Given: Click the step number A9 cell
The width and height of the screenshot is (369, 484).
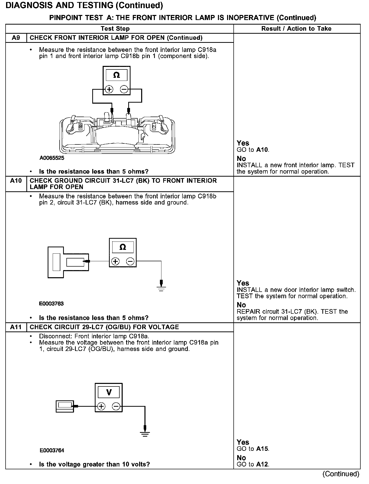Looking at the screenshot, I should coord(16,38).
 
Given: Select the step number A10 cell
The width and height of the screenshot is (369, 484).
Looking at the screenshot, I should coord(16,181).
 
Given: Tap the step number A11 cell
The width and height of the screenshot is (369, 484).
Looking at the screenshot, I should coord(16,327).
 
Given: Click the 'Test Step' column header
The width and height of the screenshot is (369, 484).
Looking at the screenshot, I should coord(115,29).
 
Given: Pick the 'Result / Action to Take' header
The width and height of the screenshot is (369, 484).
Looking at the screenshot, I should coord(296,29).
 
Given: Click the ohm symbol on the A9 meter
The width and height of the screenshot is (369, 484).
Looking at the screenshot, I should coord(116,75).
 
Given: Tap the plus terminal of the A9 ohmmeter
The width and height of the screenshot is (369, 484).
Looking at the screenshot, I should coord(109,89).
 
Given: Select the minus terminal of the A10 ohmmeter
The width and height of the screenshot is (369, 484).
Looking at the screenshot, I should coord(130,261).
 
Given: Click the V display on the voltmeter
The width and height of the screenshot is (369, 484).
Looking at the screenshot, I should coord(109,393).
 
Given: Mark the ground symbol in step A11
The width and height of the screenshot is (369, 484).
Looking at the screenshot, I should coord(145,434).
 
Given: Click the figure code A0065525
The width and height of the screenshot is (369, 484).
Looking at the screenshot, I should coord(52,158).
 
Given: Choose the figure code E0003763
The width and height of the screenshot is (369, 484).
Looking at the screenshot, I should coord(51,304).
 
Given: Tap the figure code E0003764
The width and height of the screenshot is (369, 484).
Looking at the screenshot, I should coord(52,450).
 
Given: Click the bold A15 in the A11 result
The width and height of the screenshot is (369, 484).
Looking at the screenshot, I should coord(262,449).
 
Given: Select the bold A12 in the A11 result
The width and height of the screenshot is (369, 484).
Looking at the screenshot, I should coord(262,464).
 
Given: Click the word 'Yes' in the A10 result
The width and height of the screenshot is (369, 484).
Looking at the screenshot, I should coord(243,283).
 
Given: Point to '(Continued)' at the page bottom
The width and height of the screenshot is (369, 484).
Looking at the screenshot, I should coord(341,474).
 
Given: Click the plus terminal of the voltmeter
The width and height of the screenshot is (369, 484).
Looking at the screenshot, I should coord(101,406).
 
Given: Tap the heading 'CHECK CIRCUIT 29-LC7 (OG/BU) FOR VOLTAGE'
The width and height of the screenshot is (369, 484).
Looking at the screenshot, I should coord(104,327).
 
